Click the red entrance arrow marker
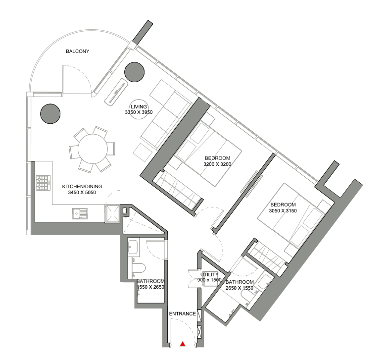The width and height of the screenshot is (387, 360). coord(183,344)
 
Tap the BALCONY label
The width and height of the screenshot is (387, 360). coord(78,51)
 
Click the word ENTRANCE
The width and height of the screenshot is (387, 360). coord(183,313)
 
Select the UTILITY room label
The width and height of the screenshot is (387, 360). coord(209,274)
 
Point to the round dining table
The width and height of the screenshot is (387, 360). coord(93,149)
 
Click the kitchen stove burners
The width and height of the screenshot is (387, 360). coord(43,183)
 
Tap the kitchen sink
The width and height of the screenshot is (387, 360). coord(80,213)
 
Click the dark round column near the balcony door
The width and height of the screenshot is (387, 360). coord(134,72)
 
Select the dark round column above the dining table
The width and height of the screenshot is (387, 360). coord(50,114)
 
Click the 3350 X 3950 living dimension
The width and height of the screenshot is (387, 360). coord(139,112)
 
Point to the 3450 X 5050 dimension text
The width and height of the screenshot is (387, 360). coord(82,192)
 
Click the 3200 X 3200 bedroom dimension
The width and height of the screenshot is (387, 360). coord(217,164)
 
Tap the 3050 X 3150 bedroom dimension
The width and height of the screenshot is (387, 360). coord(283,210)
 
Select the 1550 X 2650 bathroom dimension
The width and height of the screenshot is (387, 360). coord(150,287)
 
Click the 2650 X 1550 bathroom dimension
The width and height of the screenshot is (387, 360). coord(240,288)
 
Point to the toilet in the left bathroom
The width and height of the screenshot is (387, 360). coord(139,268)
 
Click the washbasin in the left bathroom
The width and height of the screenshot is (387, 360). coord(133,247)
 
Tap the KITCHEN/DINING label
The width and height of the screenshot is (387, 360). coord(82,186)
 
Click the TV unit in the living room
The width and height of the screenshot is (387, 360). coord(116,92)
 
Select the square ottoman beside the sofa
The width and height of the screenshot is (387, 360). coord(143,153)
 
